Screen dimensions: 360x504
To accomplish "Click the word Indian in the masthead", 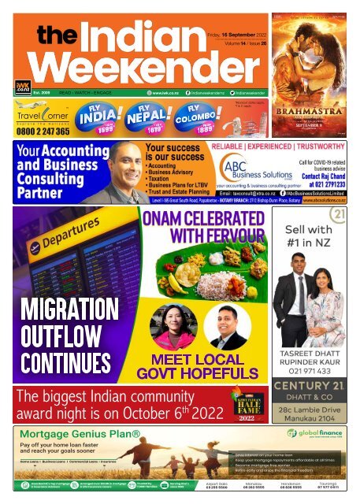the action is pyautogui.click(x=135, y=35).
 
